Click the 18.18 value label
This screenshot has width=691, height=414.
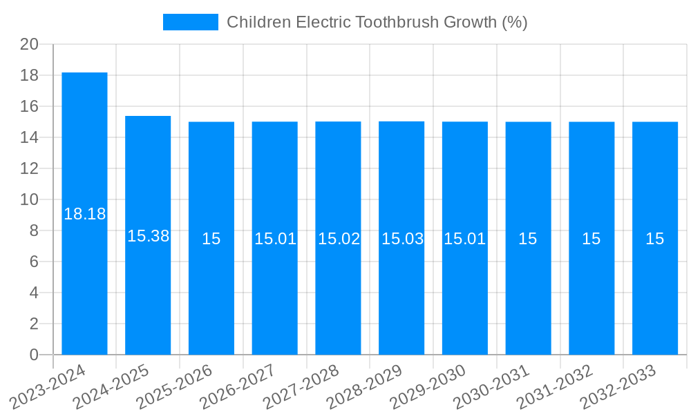[85, 214]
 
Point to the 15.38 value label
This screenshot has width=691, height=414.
[149, 236]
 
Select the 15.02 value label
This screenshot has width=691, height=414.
[339, 239]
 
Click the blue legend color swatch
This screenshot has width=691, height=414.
[190, 22]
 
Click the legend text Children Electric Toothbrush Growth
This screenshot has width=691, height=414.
[377, 22]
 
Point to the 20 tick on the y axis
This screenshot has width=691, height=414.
[29, 44]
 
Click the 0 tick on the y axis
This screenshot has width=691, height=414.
[34, 355]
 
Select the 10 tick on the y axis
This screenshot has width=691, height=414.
[29, 199]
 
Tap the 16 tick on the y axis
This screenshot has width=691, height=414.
[29, 106]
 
